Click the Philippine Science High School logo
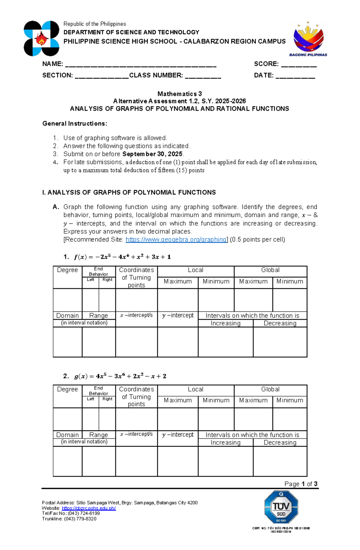click(x=41, y=38)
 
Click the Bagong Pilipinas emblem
click(x=308, y=39)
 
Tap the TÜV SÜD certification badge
click(x=281, y=507)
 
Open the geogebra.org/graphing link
click(x=176, y=239)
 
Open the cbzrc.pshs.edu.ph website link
click(x=88, y=508)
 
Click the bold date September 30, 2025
click(x=152, y=154)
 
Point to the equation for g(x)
click(x=120, y=376)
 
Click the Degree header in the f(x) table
click(x=67, y=270)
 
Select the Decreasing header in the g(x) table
click(x=280, y=443)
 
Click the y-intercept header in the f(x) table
click(x=178, y=316)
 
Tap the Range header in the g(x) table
click(x=98, y=435)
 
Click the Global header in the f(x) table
click(x=270, y=270)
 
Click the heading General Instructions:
click(x=75, y=123)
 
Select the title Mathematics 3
click(x=179, y=94)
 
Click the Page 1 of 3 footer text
click(x=301, y=484)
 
